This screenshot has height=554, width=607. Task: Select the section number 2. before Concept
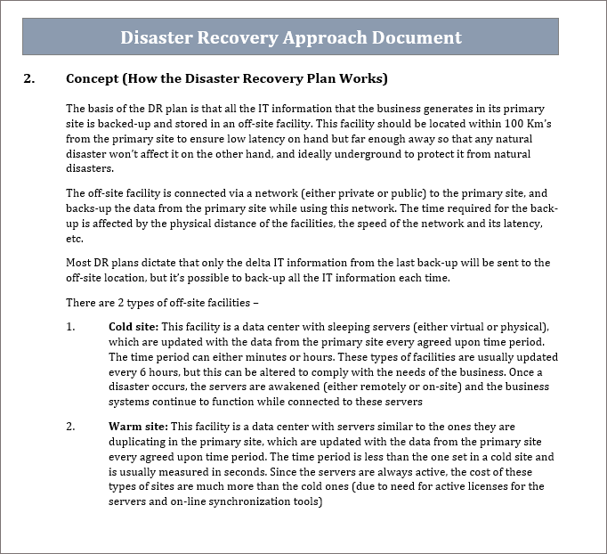pyautogui.click(x=28, y=78)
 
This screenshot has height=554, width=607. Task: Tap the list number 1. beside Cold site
pyautogui.click(x=71, y=327)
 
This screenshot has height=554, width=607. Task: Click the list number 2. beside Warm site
pyautogui.click(x=71, y=427)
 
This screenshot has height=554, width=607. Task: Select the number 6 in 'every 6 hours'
pyautogui.click(x=138, y=372)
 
